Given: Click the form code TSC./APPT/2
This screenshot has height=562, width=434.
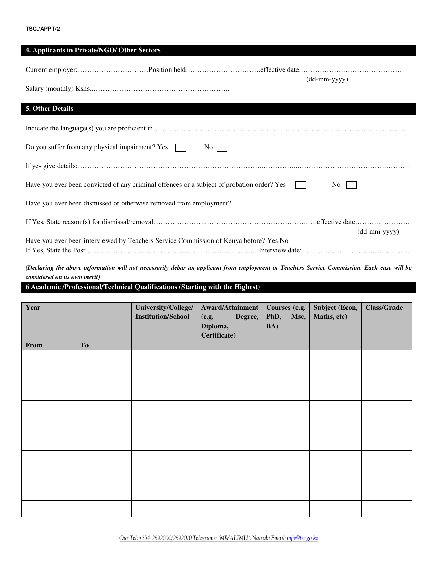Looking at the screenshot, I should pyautogui.click(x=43, y=29).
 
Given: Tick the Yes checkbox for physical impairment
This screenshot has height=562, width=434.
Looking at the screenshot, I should pyautogui.click(x=180, y=148).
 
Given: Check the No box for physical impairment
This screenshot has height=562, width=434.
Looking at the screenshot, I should pyautogui.click(x=222, y=148).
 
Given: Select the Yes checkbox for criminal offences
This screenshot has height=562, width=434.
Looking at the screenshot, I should pyautogui.click(x=301, y=185).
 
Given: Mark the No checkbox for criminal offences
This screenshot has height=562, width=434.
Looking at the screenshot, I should pyautogui.click(x=351, y=185).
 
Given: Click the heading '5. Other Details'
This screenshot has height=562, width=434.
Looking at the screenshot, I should pyautogui.click(x=49, y=109).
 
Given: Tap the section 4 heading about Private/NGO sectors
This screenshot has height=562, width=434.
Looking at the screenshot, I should pyautogui.click(x=93, y=50).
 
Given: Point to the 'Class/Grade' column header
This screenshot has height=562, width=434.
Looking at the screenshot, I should pyautogui.click(x=384, y=308).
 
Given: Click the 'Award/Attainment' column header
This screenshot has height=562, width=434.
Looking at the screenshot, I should pyautogui.click(x=229, y=308).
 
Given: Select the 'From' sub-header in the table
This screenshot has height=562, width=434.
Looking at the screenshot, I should pyautogui.click(x=34, y=345).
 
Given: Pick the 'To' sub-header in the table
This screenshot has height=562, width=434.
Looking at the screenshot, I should pyautogui.click(x=84, y=345).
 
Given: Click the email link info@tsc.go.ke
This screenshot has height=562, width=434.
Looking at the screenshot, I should pyautogui.click(x=302, y=538).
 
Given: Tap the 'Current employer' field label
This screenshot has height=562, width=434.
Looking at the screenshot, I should pyautogui.click(x=51, y=70).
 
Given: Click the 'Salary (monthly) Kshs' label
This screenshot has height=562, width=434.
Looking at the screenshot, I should pyautogui.click(x=58, y=89).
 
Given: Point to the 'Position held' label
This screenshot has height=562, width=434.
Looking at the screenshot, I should pyautogui.click(x=168, y=70).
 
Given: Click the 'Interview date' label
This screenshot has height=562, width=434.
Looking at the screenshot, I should pyautogui.click(x=280, y=250).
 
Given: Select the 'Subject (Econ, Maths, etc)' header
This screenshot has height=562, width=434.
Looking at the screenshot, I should pyautogui.click(x=335, y=312).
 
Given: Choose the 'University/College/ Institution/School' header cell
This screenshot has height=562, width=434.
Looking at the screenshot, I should pyautogui.click(x=164, y=312).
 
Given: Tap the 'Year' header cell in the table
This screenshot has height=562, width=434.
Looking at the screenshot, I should pyautogui.click(x=33, y=308).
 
